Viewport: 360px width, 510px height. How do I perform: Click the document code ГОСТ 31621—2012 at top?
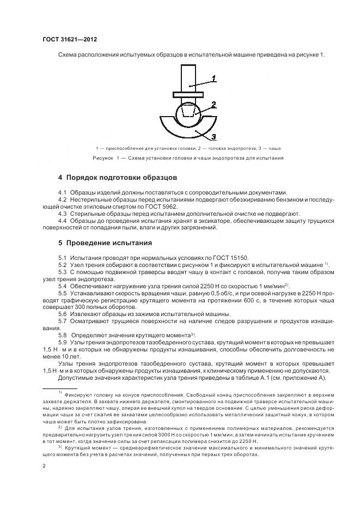coord(69,39)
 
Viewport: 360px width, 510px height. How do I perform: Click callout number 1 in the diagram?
coord(214,77)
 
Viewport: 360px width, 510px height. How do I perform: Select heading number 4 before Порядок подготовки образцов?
coord(60,178)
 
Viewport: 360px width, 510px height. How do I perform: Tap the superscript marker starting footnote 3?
coord(60,446)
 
